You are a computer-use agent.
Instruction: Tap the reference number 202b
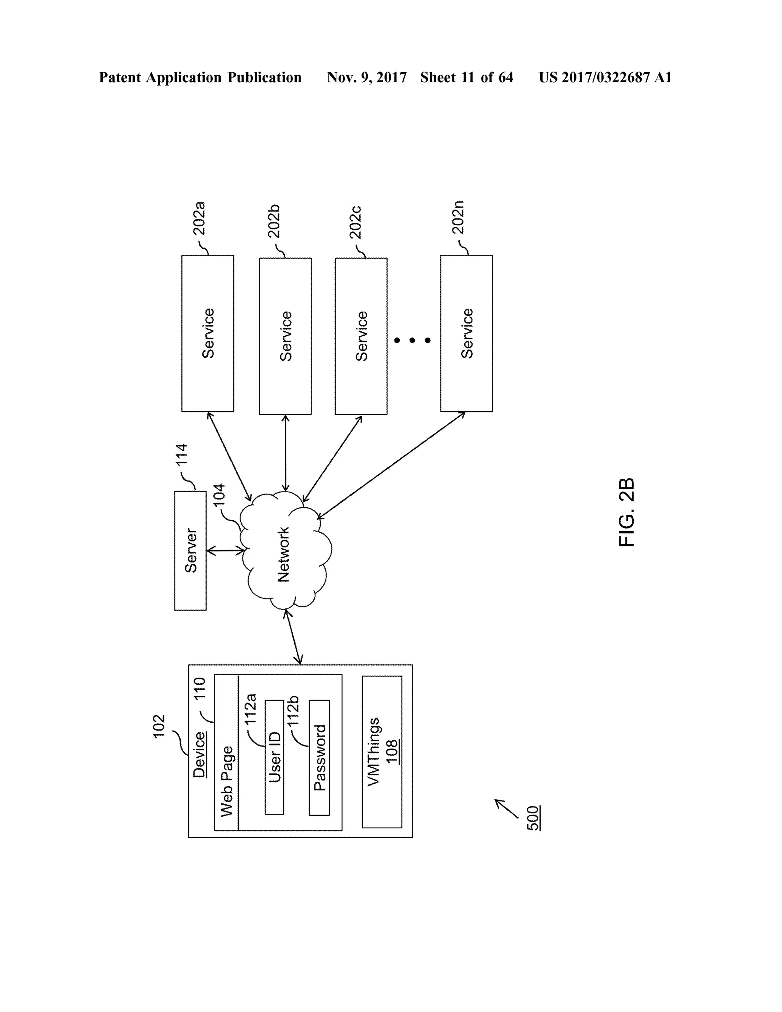(274, 221)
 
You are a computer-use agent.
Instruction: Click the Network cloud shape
(285, 551)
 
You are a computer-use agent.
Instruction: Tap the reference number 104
(219, 495)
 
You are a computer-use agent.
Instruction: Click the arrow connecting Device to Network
(294, 637)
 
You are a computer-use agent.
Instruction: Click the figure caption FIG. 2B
(626, 512)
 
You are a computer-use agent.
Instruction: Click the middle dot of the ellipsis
(412, 341)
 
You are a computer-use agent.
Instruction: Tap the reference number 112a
(250, 709)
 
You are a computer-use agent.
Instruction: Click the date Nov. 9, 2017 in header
(367, 78)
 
